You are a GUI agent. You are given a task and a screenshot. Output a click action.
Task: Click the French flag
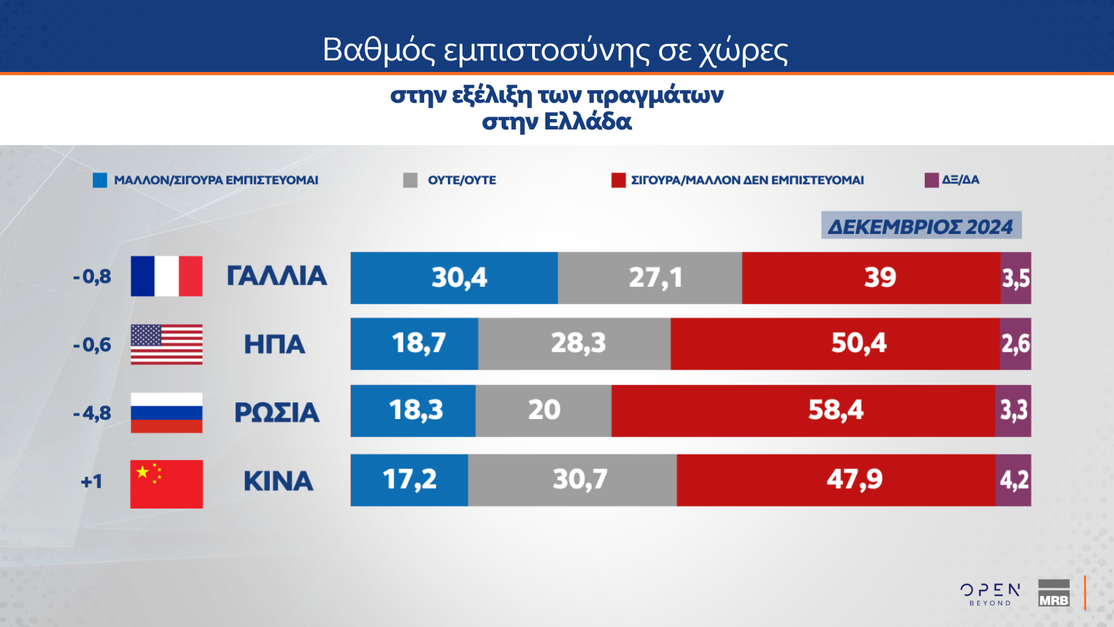coord(167,276)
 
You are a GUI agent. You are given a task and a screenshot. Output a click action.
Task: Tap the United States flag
coord(167,344)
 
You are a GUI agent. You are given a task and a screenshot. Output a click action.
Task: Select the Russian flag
coord(167,413)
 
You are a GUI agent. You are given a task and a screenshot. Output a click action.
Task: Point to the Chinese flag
coord(167,484)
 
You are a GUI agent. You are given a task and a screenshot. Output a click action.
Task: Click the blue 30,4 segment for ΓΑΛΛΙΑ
coord(454,278)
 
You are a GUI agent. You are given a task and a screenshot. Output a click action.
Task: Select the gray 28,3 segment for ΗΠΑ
coord(574,344)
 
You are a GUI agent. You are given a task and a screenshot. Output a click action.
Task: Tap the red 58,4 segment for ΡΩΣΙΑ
coord(804,411)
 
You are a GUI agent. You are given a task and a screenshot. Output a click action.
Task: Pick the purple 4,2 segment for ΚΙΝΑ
coord(1014,480)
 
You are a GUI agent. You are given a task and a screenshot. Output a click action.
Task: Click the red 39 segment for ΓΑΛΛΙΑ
coord(871,278)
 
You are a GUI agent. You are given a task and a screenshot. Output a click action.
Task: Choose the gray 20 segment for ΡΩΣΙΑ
coord(544,411)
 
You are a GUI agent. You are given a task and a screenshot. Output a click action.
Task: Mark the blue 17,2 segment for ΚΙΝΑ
coord(410,480)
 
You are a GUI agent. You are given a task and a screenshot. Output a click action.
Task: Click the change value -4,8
coord(92,413)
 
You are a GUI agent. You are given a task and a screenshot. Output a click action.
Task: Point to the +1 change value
coord(92,481)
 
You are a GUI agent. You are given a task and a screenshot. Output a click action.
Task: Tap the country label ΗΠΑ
coord(274,344)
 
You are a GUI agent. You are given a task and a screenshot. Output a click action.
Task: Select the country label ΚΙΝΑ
coord(278,481)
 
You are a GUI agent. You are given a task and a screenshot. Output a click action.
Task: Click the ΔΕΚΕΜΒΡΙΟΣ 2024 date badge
coord(921,226)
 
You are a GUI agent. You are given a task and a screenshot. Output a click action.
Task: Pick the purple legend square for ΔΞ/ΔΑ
coord(931,180)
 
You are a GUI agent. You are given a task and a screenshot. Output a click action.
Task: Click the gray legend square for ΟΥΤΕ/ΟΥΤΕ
coord(410,181)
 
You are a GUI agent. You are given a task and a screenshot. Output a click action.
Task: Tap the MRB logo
coord(1054,593)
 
